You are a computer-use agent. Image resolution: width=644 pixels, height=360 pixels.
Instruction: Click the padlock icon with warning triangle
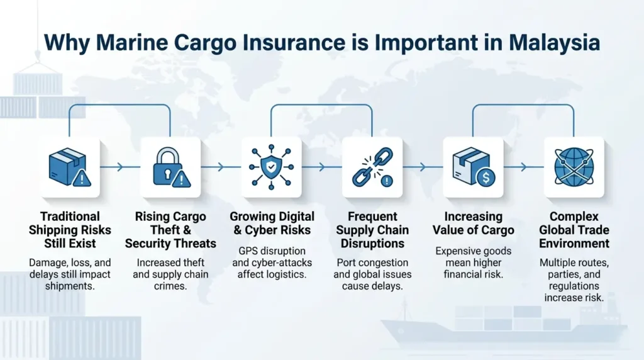point(171,167)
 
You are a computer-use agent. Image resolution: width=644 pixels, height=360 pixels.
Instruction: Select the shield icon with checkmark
point(272,167)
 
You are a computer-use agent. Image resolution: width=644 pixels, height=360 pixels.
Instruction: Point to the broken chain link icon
point(372,167)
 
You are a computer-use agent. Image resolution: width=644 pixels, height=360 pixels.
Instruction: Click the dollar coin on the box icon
point(486,177)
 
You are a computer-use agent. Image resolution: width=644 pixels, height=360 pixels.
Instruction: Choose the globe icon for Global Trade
point(574,167)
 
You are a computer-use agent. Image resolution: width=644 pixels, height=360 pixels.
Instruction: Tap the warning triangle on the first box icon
point(82,178)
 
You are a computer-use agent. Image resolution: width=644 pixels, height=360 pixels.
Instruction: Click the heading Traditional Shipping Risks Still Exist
point(70,230)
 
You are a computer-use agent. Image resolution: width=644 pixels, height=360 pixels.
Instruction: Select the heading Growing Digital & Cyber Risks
point(272,223)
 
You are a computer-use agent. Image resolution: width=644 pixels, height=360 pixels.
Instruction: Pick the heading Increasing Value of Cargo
point(473,223)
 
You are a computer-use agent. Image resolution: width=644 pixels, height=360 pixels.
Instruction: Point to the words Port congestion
point(372,262)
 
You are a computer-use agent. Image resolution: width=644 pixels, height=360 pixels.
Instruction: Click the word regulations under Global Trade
point(574,286)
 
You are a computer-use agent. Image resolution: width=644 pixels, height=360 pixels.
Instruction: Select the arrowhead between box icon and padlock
point(120,167)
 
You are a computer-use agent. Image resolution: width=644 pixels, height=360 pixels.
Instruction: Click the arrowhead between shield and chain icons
point(322,167)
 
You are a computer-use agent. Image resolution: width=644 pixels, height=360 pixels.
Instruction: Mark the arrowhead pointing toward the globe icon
point(524,167)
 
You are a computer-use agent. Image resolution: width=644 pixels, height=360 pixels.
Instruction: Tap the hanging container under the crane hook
point(37,84)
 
